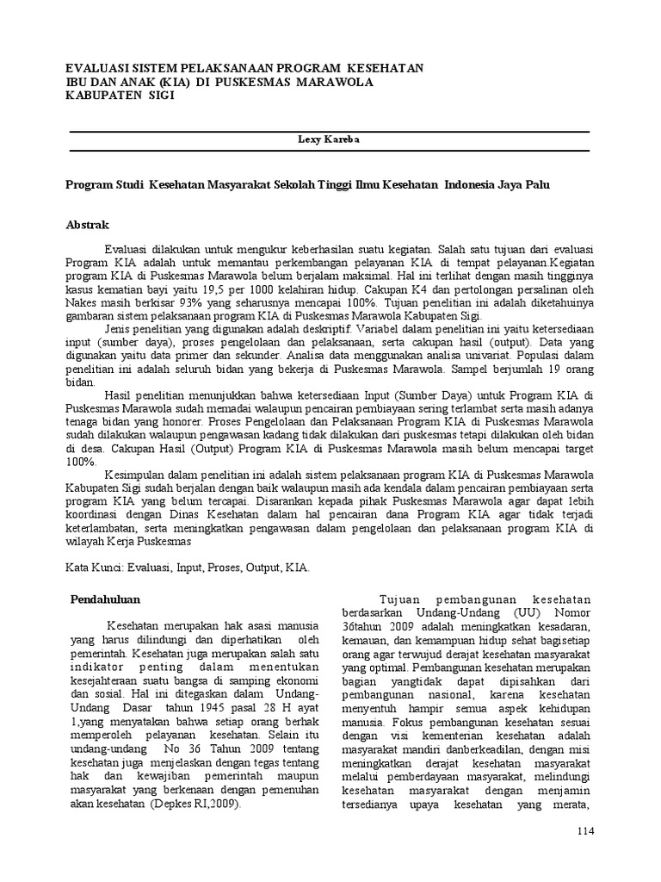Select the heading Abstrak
pyautogui.click(x=88, y=225)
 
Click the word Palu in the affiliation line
pyautogui.click(x=539, y=184)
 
